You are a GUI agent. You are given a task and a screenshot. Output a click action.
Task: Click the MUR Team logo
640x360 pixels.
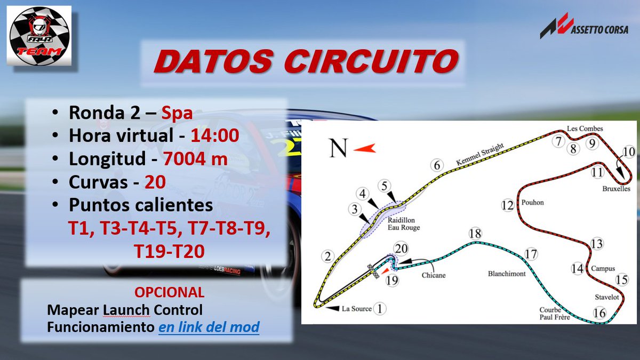pyautogui.click(x=38, y=36)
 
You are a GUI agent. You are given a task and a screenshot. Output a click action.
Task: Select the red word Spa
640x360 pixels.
pyautogui.click(x=177, y=113)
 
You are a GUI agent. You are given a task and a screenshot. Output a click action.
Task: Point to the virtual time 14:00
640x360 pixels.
pyautogui.click(x=215, y=136)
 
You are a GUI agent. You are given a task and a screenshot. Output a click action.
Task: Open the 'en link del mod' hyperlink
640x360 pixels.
pyautogui.click(x=209, y=326)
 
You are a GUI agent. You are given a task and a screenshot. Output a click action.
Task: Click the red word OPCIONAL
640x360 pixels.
pyautogui.click(x=169, y=292)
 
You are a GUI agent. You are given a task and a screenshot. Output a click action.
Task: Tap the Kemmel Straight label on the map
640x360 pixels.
pyautogui.click(x=479, y=154)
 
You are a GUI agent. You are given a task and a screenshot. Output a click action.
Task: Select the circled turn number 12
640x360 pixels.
pyautogui.click(x=508, y=205)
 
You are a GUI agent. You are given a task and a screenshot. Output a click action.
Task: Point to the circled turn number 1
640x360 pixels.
pyautogui.click(x=379, y=308)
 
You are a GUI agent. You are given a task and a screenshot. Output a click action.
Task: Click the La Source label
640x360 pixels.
pyautogui.click(x=356, y=309)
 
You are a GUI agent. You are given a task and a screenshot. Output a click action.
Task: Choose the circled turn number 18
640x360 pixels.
pyautogui.click(x=475, y=233)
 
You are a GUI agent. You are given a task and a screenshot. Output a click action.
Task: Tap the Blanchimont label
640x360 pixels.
pyautogui.click(x=507, y=274)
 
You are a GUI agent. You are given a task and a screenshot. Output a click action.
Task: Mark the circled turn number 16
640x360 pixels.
pyautogui.click(x=599, y=313)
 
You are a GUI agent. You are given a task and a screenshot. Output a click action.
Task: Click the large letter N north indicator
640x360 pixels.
pyautogui.click(x=338, y=148)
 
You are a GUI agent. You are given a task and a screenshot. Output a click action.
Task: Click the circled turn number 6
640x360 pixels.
pyautogui.click(x=437, y=165)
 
